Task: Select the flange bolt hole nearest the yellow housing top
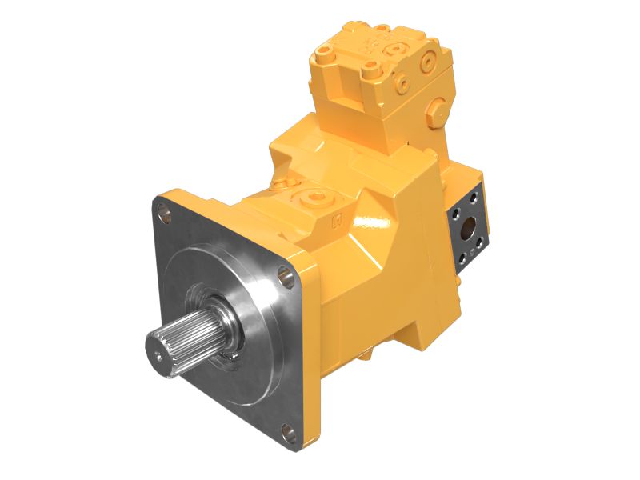coord(285,275)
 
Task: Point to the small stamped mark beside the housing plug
coord(336,216)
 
